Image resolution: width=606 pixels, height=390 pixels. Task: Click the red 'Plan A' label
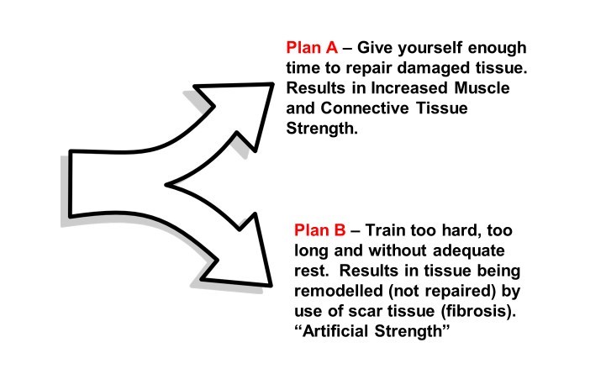click(312, 48)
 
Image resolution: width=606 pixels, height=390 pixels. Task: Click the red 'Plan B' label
click(320, 230)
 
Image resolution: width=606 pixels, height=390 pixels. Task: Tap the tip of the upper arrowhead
click(273, 83)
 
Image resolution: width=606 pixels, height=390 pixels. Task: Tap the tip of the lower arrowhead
click(271, 286)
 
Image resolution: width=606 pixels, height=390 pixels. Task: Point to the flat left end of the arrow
click(71, 183)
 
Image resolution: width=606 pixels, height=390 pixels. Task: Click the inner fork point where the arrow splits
click(166, 185)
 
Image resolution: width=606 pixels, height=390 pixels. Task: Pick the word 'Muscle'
click(482, 88)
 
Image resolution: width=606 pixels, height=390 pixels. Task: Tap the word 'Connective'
click(365, 108)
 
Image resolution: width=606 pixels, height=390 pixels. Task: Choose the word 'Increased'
click(410, 88)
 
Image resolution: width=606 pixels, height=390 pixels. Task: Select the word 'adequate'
click(469, 250)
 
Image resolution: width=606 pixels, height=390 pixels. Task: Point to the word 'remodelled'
click(339, 291)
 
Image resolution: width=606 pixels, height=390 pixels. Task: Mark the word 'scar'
click(366, 311)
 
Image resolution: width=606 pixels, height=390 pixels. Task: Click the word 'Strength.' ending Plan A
click(322, 129)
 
